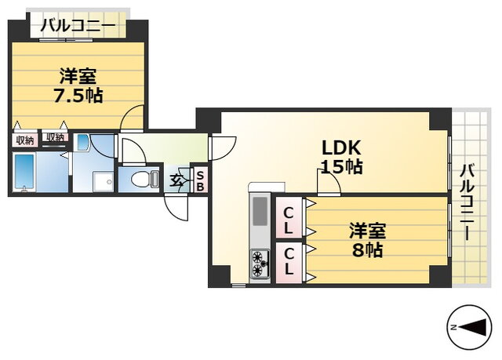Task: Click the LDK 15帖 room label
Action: [342, 157]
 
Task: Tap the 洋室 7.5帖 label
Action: [78, 85]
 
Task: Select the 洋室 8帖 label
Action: [368, 240]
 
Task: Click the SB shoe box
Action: [200, 181]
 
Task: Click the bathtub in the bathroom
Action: [24, 173]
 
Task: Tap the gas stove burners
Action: [260, 264]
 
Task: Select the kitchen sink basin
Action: [260, 211]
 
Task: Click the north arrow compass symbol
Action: [469, 327]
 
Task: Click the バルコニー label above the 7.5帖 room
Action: [78, 26]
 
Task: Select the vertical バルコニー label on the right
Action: [467, 202]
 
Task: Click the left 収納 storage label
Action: [25, 140]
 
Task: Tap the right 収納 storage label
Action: [55, 137]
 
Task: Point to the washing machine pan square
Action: [103, 182]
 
